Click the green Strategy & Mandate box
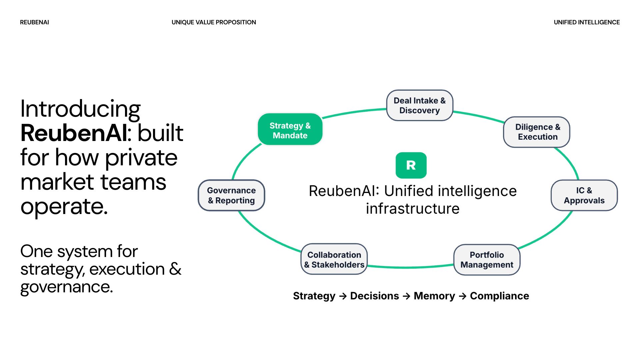coord(290,129)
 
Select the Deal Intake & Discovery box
coord(419,105)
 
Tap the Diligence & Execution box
coord(536,132)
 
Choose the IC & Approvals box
coord(584,195)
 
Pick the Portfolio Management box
coord(487,260)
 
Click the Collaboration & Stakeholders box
coord(334,259)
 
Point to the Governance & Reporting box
coord(231,195)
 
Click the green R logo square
coord(411,165)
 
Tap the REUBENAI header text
coord(34,22)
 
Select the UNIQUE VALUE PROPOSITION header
coord(214,22)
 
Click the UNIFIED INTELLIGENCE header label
coord(587,22)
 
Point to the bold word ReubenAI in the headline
coord(74,133)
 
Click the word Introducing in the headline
coord(80,109)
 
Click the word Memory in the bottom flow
coord(434,296)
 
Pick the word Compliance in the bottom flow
coord(499,296)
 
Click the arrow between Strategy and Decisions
coord(343,296)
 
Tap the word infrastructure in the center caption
coord(413,209)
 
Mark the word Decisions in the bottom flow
coord(374,296)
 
